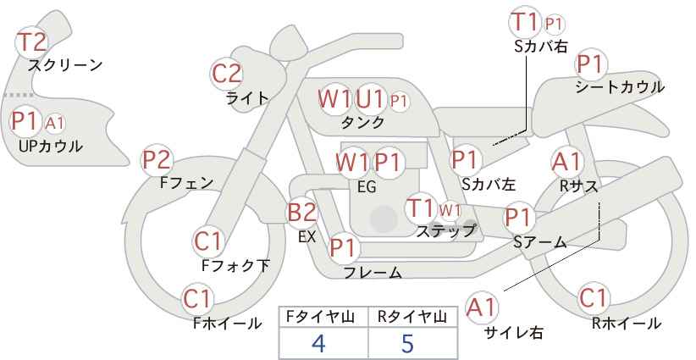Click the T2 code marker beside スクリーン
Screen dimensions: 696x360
31,42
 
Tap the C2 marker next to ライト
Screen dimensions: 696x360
227,74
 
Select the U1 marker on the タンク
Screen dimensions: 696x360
370,98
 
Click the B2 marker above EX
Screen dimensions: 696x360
302,212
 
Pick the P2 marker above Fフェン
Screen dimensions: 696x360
157,160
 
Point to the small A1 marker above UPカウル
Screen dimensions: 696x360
55,124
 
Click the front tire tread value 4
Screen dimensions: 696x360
318,343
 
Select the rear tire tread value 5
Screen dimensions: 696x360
407,343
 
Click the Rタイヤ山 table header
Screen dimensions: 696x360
412,317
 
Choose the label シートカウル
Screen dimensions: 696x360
620,87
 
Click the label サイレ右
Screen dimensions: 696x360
514,332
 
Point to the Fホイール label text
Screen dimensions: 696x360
227,324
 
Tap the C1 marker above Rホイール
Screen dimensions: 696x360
594,298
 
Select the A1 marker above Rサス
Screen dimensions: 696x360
566,162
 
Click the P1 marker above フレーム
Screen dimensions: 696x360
343,247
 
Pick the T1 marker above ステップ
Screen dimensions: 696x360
420,208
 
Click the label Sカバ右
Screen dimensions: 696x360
541,47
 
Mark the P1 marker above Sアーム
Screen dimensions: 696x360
518,218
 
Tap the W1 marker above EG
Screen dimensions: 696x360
352,163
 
